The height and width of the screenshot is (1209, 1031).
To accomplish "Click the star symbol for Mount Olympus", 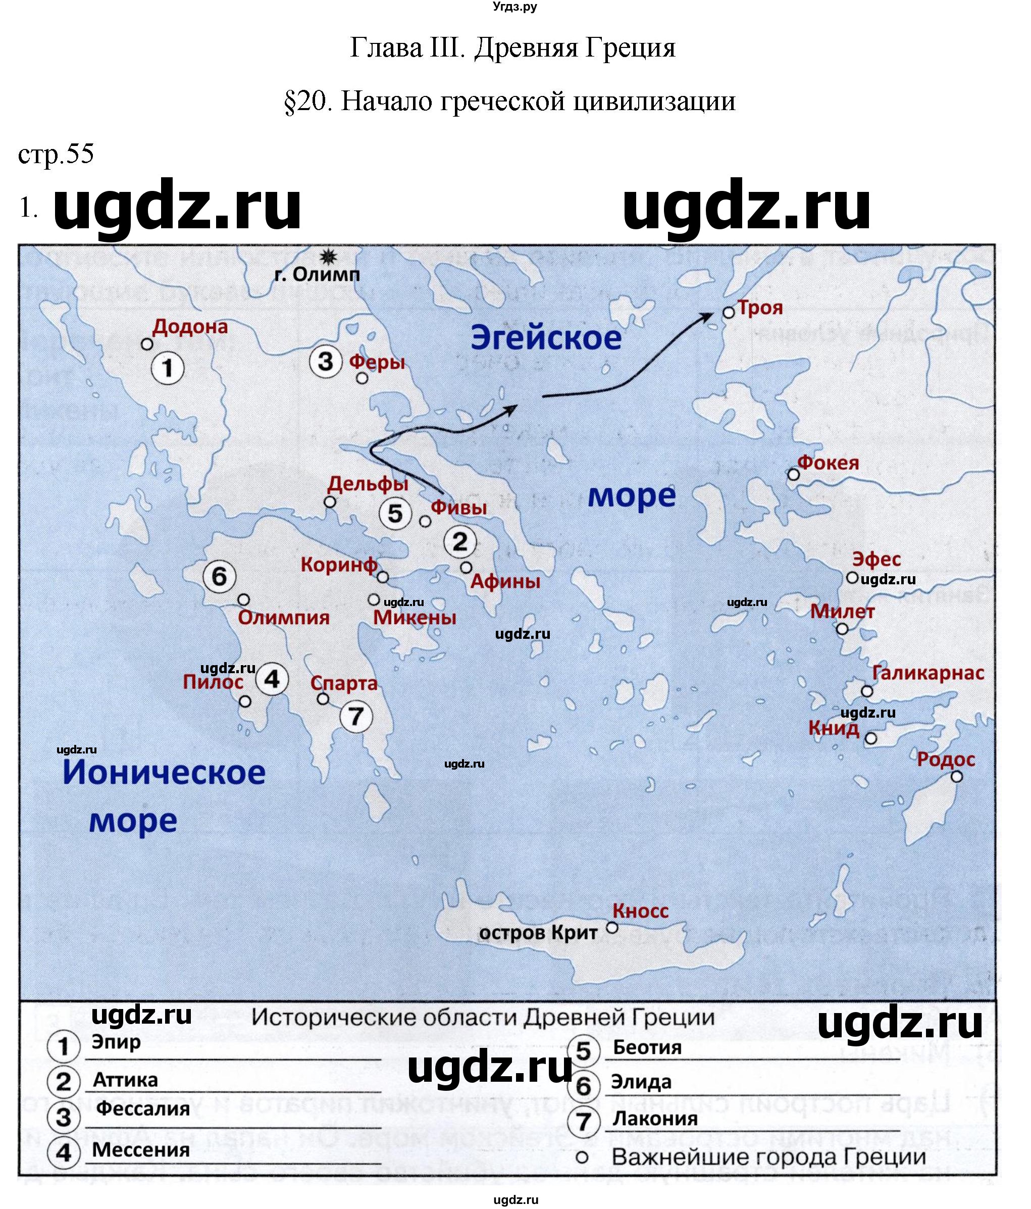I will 329,256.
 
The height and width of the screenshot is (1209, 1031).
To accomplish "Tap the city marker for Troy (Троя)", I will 728,313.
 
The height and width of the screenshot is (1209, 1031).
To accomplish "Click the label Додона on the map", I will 190,326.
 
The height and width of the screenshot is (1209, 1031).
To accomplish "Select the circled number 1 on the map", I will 168,368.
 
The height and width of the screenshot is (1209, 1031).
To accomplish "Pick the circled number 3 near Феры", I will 325,361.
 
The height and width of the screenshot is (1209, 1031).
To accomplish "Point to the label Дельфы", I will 368,483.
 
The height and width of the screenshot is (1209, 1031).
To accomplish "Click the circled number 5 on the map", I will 395,514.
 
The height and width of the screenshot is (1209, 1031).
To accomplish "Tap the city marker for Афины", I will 466,567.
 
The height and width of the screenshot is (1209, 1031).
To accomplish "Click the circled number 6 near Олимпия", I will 219,577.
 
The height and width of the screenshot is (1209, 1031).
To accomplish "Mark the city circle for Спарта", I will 323,698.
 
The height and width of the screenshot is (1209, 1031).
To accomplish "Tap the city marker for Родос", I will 956,777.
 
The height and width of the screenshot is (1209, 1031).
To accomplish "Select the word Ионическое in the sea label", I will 164,773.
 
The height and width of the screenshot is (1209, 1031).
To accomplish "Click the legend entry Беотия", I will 647,1047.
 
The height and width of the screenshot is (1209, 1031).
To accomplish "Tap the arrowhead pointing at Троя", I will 707,317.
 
